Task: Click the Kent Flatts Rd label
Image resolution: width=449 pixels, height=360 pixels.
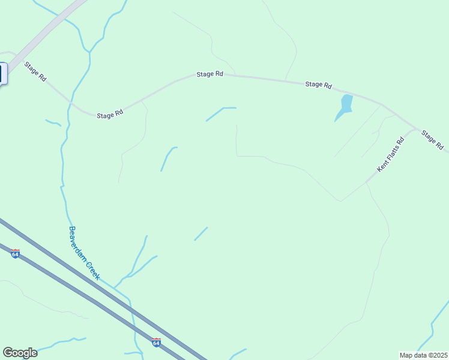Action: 391,155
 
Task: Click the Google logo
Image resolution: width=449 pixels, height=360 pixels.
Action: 20,353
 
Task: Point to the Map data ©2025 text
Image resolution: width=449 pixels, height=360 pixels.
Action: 423,355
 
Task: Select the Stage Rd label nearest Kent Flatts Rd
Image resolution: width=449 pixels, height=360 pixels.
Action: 432,140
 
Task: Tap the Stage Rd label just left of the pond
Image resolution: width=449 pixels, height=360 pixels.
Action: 318,85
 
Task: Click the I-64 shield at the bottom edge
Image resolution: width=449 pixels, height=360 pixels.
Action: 156,343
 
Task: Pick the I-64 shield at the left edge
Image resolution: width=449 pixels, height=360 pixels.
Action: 15,254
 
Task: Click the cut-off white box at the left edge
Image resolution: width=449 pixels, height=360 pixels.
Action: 2,73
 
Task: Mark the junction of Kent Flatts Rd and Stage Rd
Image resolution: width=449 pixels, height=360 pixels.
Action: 415,128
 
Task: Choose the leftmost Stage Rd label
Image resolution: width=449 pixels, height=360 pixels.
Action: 35,71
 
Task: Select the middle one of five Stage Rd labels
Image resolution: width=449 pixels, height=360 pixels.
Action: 210,74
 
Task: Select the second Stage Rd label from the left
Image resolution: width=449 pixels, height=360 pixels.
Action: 110,114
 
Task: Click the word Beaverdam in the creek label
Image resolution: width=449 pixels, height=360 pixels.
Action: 77,242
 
